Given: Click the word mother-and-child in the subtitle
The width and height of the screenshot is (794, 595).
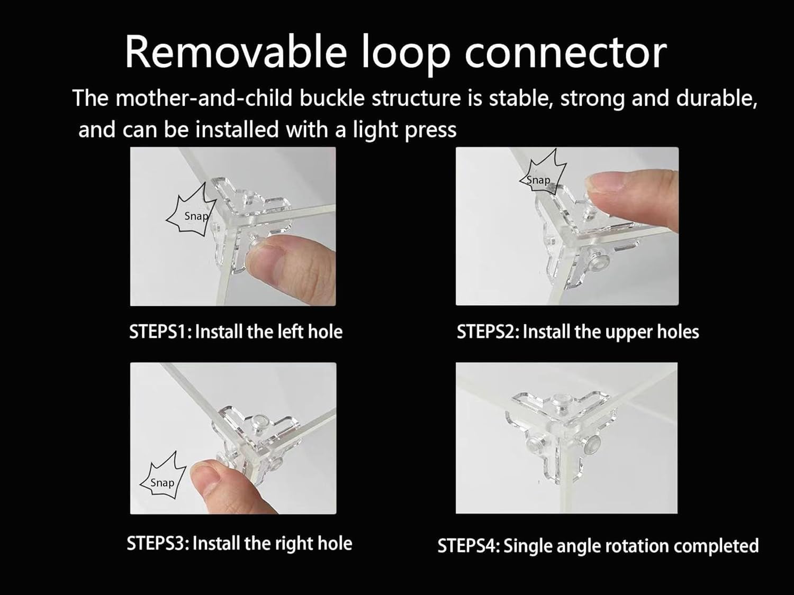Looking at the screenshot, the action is tap(204, 98).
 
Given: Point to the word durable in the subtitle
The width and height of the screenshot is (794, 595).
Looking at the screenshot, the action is tap(716, 98).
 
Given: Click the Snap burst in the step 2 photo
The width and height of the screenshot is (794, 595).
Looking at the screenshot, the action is tap(543, 173).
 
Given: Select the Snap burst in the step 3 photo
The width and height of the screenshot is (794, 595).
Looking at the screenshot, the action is tap(163, 477).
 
